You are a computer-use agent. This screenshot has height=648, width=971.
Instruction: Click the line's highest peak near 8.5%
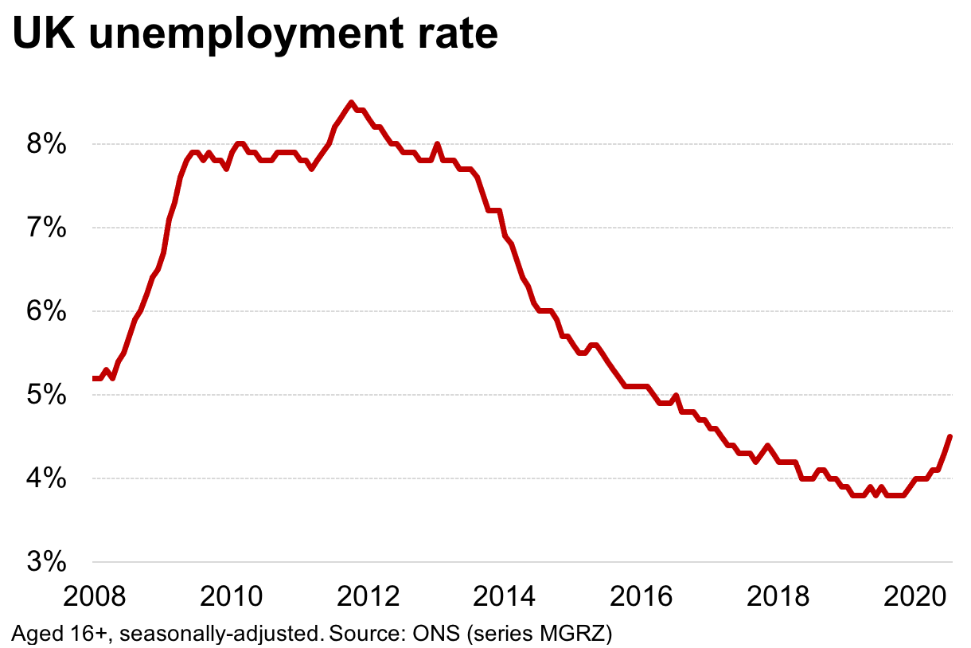point(350,103)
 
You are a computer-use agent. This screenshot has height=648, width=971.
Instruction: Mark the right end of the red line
point(950,436)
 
